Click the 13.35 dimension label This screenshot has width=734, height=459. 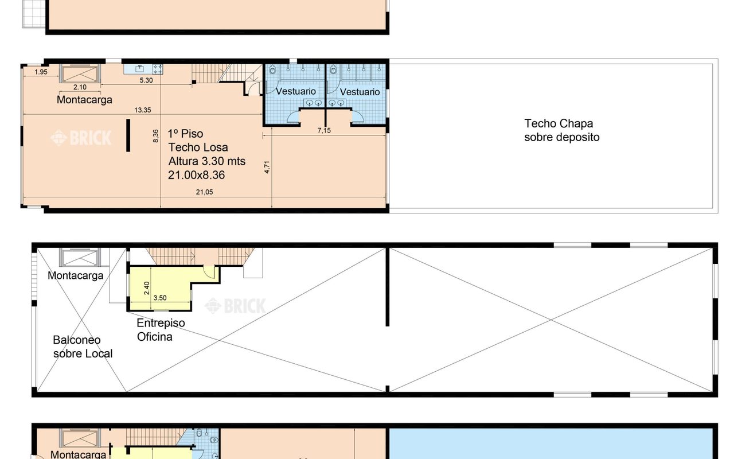(x=143, y=110)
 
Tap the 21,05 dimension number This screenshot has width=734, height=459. (x=204, y=192)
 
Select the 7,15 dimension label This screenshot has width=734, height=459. (x=324, y=130)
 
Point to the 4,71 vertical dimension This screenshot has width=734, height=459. (x=267, y=167)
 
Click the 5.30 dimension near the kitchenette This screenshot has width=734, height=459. (x=146, y=80)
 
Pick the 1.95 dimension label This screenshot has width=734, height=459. (x=41, y=72)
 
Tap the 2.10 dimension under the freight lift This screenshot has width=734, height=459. (x=80, y=87)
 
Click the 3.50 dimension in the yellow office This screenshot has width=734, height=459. (x=160, y=298)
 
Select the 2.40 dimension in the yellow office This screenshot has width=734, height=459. (x=146, y=288)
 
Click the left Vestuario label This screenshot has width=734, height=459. (x=295, y=91)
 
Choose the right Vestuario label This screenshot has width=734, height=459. (x=360, y=92)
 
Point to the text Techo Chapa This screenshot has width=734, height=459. (x=559, y=123)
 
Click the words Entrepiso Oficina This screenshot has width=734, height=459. (x=161, y=330)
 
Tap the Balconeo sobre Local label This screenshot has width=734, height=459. (x=83, y=347)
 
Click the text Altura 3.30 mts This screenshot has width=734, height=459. (x=207, y=161)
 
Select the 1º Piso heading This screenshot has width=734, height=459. (x=185, y=134)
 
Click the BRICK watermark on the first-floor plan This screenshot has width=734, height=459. (x=81, y=138)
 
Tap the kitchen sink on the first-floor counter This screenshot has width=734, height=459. (x=140, y=69)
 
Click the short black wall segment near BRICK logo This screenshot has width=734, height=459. (x=128, y=135)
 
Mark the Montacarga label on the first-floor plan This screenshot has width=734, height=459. (x=84, y=100)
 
